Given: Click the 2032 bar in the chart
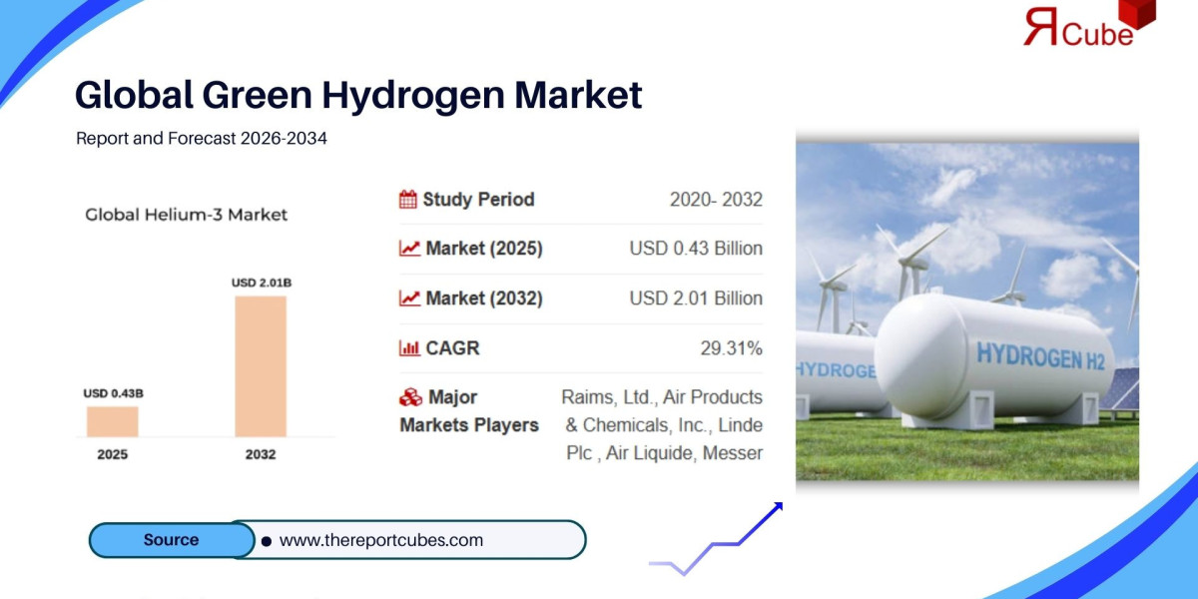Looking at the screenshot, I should point(261,365).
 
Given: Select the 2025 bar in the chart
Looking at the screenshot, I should point(112,421).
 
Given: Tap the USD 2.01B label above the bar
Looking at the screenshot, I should point(261,283).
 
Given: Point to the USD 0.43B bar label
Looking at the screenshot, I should point(113,393).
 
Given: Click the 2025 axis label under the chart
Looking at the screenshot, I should point(112,454).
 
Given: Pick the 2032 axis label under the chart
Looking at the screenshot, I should point(261,454).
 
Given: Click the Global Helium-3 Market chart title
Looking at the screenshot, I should point(186,215).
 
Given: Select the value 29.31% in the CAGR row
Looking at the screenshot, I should point(731,348).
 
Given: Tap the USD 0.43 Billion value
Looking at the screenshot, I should point(696,249).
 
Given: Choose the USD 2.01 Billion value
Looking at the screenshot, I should point(696,299).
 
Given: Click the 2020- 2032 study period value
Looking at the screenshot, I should point(716,200).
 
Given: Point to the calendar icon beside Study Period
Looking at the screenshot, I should point(407,200).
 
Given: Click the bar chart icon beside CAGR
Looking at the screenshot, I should point(408,348).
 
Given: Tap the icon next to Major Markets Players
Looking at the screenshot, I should point(409,397).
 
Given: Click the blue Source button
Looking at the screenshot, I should point(171,540).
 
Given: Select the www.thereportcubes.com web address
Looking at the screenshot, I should point(380,540).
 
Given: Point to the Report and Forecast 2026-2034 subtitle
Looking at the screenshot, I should point(202,139).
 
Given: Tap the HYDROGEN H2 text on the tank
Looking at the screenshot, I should point(1040,353).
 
